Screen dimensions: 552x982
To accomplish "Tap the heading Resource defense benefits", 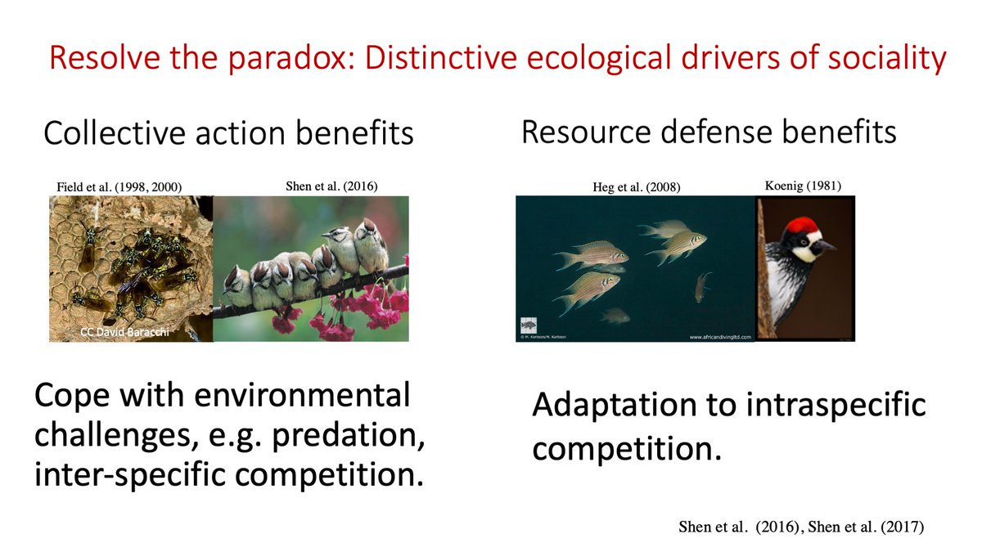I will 709,132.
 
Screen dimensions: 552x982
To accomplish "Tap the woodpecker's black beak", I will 824,245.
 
